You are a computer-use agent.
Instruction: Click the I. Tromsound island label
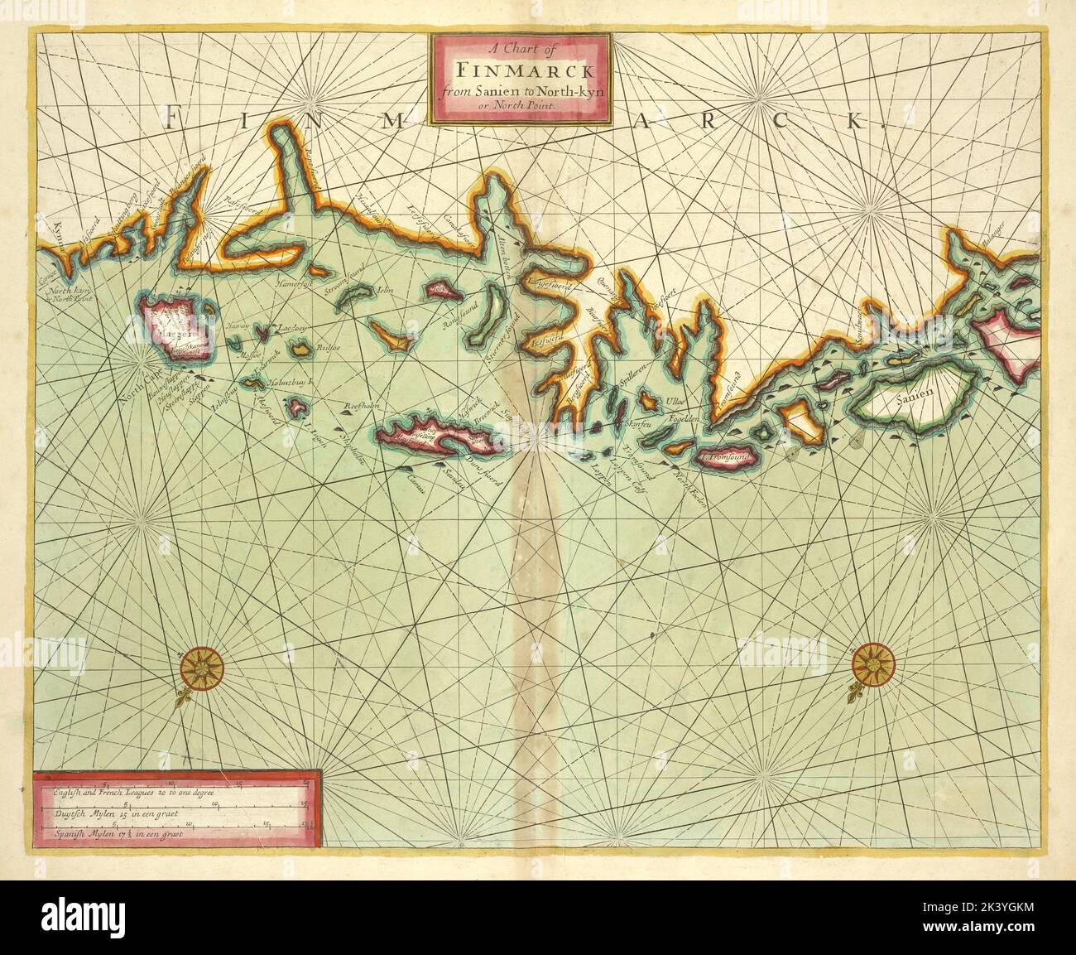[x=726, y=456]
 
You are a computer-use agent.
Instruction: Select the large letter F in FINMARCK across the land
[x=170, y=121]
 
